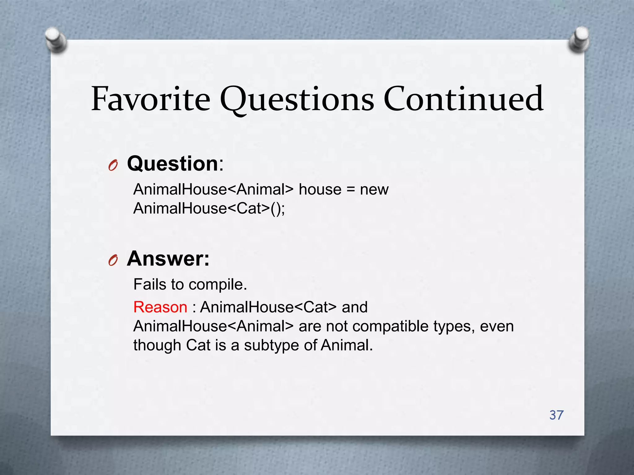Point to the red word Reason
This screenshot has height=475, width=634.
point(160,307)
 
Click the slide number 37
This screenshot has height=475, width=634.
point(556,415)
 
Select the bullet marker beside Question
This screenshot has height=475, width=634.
point(113,166)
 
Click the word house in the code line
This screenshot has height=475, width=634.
point(320,189)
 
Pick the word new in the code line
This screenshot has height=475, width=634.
point(374,189)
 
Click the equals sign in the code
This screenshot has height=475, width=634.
point(350,190)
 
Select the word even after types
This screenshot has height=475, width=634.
point(497,327)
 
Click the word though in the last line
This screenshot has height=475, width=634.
point(157,345)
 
